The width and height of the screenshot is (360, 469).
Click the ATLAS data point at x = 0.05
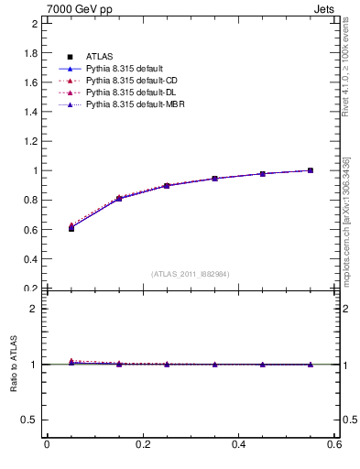click(71, 228)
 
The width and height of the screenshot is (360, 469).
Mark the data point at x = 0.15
click(119, 198)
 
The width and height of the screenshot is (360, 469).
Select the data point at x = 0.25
click(167, 186)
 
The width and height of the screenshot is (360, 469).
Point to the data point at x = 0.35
click(214, 179)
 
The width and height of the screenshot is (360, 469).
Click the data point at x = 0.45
click(263, 174)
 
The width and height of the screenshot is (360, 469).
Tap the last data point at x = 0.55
click(311, 170)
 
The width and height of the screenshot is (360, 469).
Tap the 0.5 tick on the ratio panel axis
click(32, 420)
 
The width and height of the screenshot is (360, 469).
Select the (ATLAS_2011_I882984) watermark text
click(191, 274)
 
